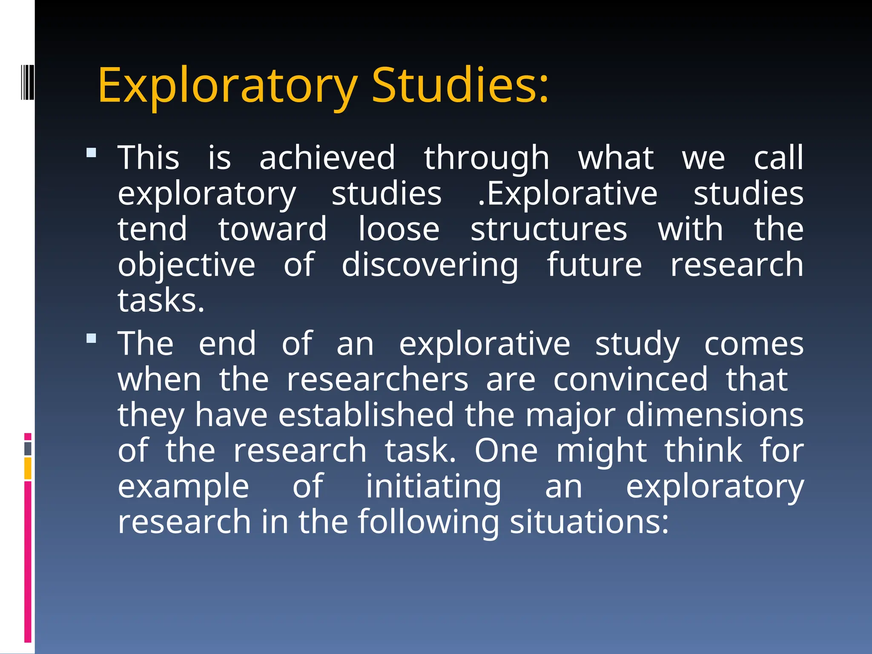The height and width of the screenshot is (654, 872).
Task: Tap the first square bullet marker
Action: click(91, 152)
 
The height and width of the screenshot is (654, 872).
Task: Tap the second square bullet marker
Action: click(91, 338)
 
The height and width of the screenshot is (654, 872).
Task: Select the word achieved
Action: click(327, 158)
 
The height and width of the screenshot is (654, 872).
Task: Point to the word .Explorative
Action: click(567, 194)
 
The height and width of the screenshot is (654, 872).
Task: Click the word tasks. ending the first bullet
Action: click(161, 301)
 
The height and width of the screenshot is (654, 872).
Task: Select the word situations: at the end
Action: click(589, 522)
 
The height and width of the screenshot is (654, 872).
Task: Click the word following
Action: click(428, 522)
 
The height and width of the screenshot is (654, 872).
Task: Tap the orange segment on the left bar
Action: click(28, 468)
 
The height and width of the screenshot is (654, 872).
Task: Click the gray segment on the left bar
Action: click(28, 449)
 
